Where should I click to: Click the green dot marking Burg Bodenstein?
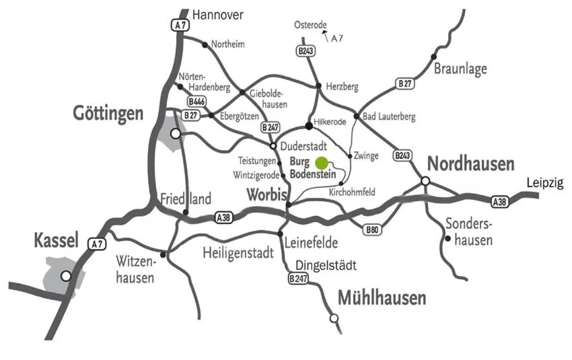coord(322,163)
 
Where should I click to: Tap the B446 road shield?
coord(196,101)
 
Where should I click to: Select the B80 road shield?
coord(372,230)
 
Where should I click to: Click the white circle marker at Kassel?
coord(66,275)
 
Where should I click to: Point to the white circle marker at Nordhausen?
coord(425,180)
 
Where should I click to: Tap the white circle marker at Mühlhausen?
coord(334,318)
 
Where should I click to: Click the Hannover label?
coord(217,14)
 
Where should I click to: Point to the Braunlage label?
coord(460,69)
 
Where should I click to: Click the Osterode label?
coord(311,25)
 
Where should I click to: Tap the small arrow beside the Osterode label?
coord(324,32)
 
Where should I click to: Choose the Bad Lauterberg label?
coord(389,117)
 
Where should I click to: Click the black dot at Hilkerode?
coord(308,125)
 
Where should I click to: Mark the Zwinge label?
coord(366,155)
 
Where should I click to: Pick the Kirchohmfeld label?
coord(351,192)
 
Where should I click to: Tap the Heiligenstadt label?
coord(238,254)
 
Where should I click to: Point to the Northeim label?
coord(227,44)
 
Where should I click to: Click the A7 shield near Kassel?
coord(97,244)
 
